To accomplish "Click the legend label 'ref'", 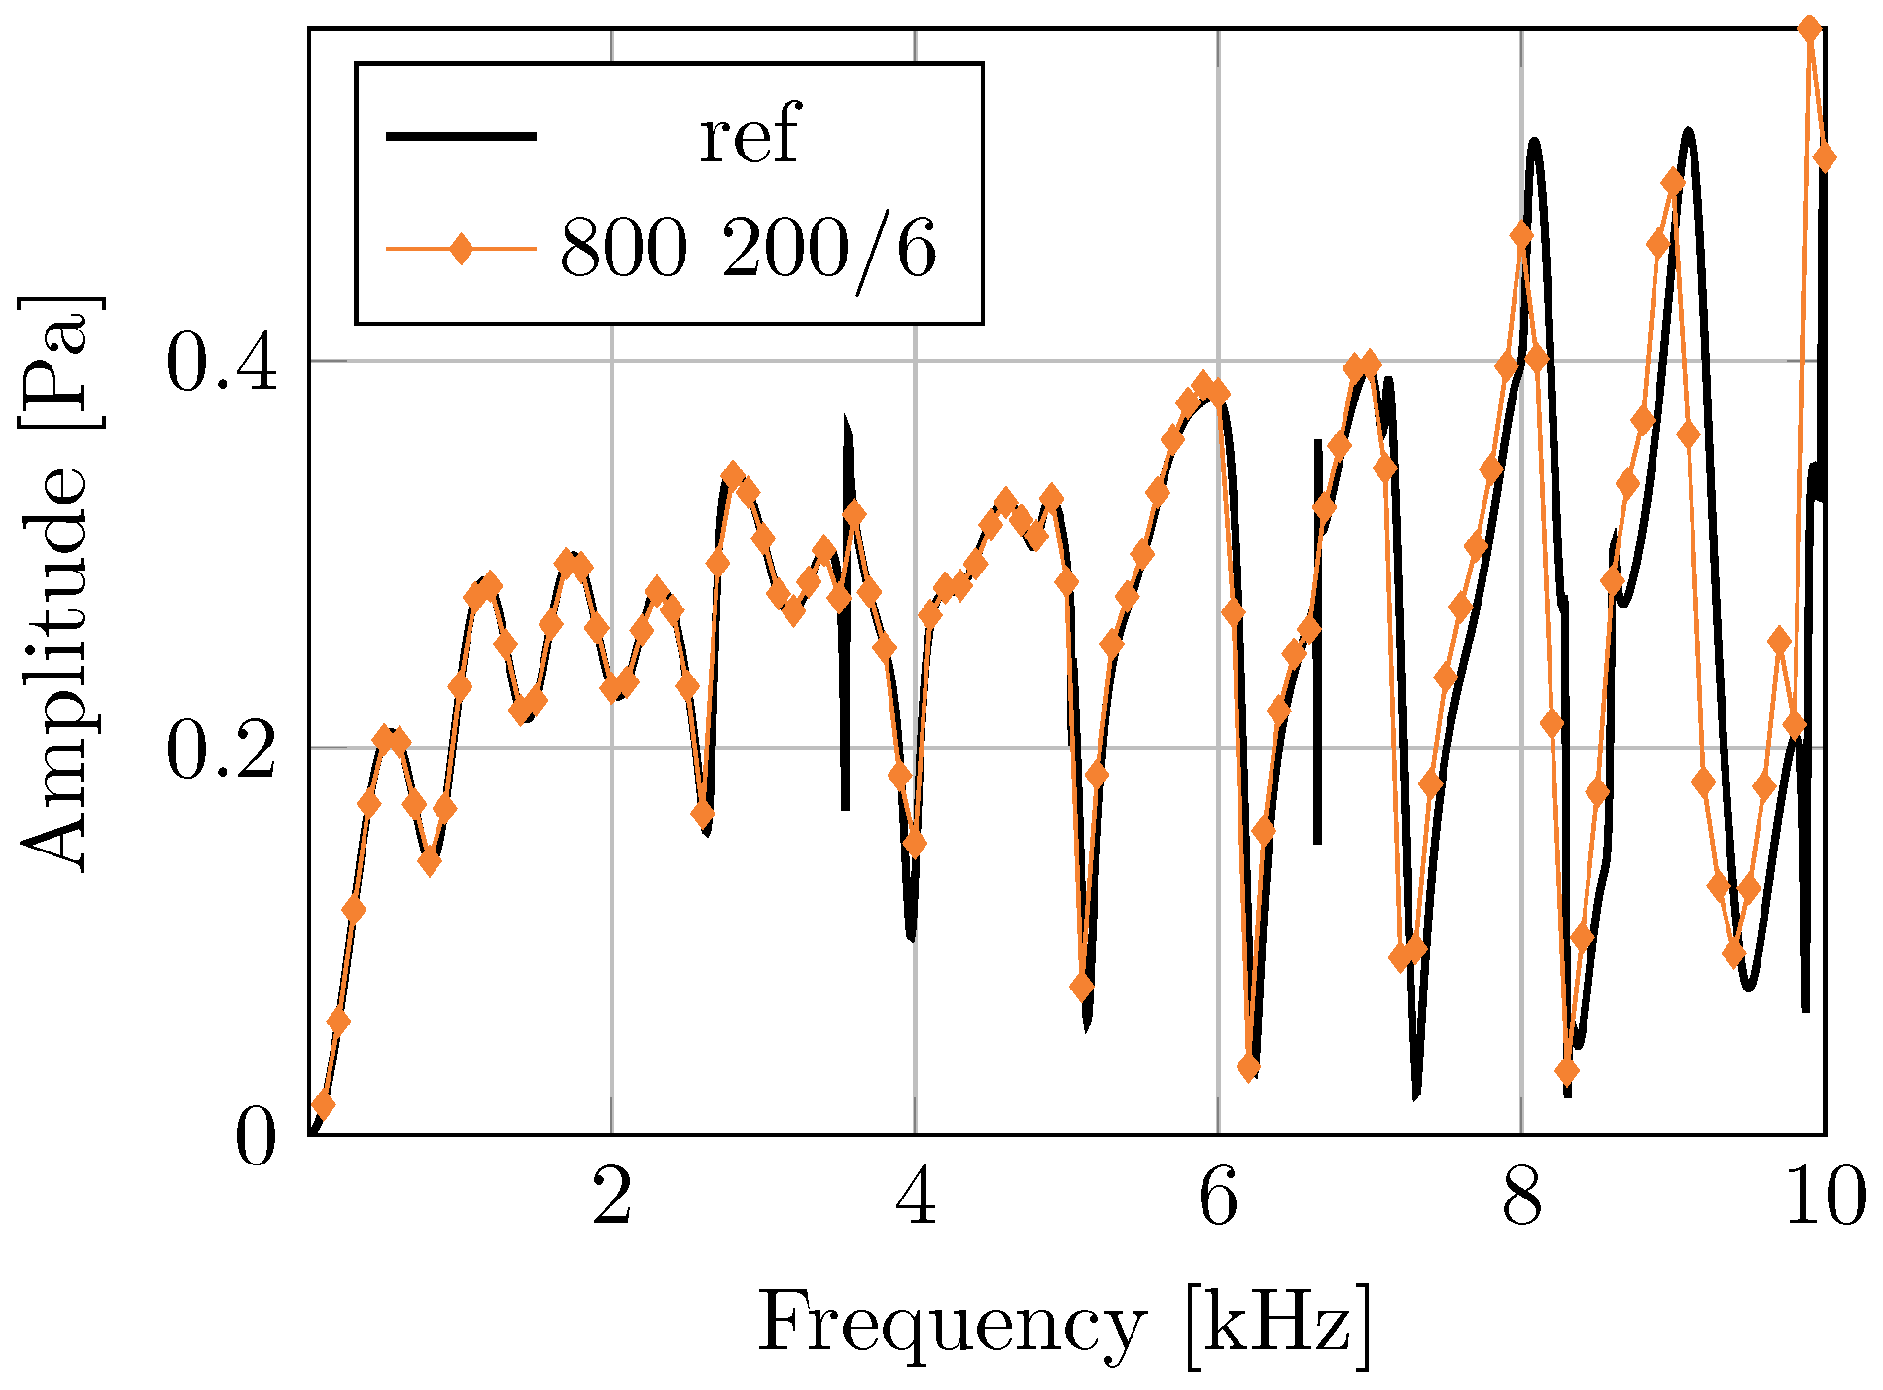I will point(749,136).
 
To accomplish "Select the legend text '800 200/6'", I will point(749,250).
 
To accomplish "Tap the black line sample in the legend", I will point(461,136).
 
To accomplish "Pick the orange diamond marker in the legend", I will point(461,250).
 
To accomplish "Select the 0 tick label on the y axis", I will point(256,1137).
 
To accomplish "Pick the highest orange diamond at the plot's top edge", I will point(1809,29).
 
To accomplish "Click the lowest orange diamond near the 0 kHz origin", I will point(324,1105).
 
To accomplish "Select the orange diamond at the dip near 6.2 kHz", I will point(1249,1067).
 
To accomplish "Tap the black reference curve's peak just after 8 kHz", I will point(1534,143).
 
